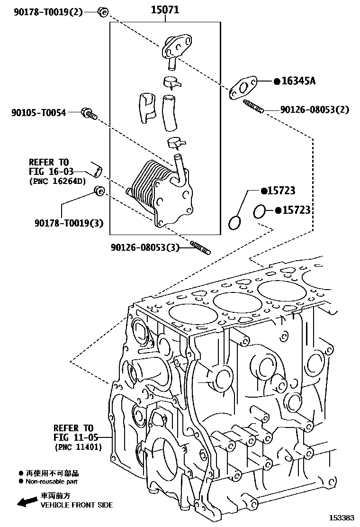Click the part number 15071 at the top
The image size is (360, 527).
tap(165, 9)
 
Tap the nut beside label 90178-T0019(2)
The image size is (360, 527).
tap(102, 11)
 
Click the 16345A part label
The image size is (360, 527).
tap(298, 81)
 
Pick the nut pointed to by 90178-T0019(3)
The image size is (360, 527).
tap(99, 191)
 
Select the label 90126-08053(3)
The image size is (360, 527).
tap(145, 247)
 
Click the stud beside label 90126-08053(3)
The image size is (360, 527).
tap(200, 247)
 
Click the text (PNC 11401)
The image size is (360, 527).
tap(78, 446)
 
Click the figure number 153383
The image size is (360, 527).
tap(342, 518)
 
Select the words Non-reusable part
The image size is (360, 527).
tap(52, 482)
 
